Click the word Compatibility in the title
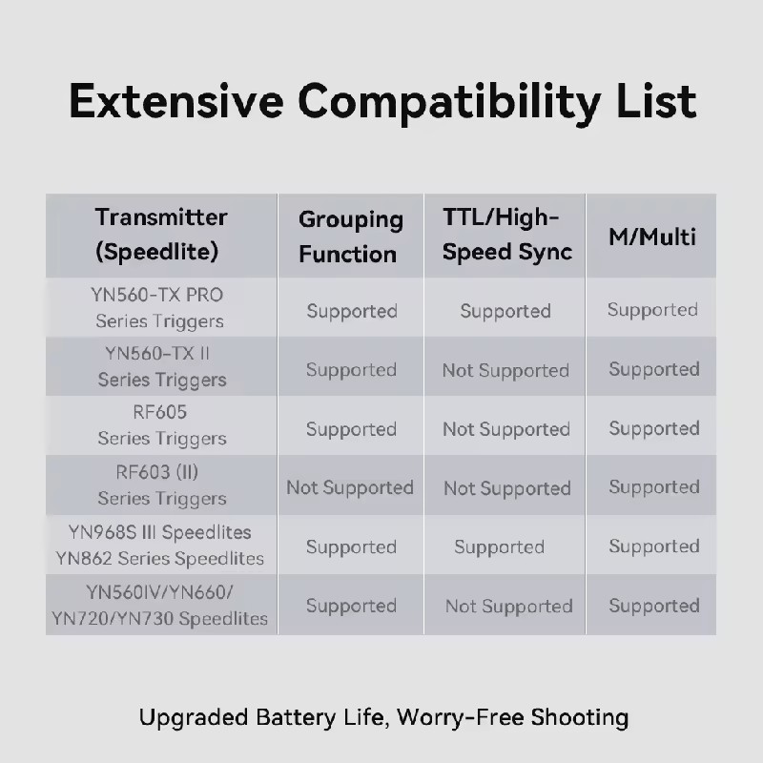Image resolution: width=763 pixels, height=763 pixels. coord(448,103)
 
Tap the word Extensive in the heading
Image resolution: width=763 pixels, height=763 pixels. coord(176,101)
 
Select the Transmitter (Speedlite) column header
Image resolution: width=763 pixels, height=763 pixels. coord(160,235)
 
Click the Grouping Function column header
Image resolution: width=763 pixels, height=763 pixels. coord(351,237)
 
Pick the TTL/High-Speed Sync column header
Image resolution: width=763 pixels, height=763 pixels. coord(507,235)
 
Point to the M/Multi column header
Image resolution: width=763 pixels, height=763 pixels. coord(652,237)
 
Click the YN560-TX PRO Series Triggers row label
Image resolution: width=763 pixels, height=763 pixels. coord(158,308)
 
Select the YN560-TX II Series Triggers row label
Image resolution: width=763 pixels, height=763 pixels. coord(161,366)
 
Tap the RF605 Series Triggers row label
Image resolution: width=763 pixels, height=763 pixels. coord(161,425)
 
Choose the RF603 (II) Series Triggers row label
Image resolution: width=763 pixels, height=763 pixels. coord(161,485)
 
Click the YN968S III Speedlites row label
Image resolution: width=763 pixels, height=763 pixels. coord(159,532)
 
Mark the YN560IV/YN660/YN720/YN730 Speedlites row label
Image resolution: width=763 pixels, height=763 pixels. coord(159,606)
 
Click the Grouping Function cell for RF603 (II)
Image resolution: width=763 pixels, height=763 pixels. coord(350,487)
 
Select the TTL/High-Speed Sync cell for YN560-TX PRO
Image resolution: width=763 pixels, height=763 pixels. coord(505,311)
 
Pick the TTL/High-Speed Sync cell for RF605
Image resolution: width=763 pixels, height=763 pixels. coord(506,429)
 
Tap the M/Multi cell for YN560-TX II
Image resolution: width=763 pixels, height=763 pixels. coord(654,369)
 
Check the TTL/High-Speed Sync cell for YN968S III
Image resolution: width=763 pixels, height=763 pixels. coord(499,546)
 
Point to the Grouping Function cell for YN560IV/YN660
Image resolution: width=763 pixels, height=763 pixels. coord(351,606)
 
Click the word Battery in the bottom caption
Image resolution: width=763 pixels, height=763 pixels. coord(296,717)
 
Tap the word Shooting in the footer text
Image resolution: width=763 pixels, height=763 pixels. coord(580,718)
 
